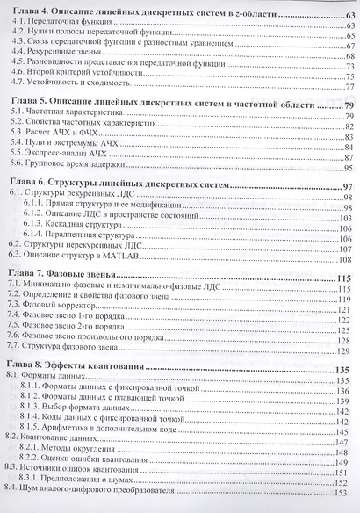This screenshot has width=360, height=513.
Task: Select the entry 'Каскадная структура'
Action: click(x=96, y=225)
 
